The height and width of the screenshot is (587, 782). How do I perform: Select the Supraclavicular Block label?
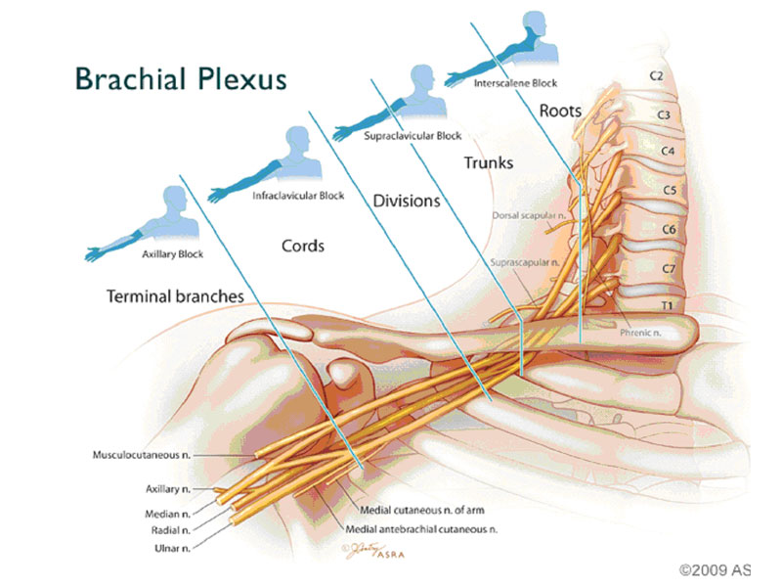point(412,136)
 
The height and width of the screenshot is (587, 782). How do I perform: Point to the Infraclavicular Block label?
point(298,196)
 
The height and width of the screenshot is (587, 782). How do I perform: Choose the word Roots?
point(560,111)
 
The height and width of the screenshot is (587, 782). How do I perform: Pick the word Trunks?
point(488,163)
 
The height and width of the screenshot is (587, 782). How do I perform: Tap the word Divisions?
point(407,202)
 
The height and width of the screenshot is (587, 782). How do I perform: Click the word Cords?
point(303,245)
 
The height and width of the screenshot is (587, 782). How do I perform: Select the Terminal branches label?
point(175,294)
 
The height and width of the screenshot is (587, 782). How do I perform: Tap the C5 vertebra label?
point(669,190)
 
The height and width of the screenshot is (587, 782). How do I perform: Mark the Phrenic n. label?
point(641,333)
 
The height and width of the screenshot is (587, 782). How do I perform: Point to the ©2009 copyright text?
point(714,567)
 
